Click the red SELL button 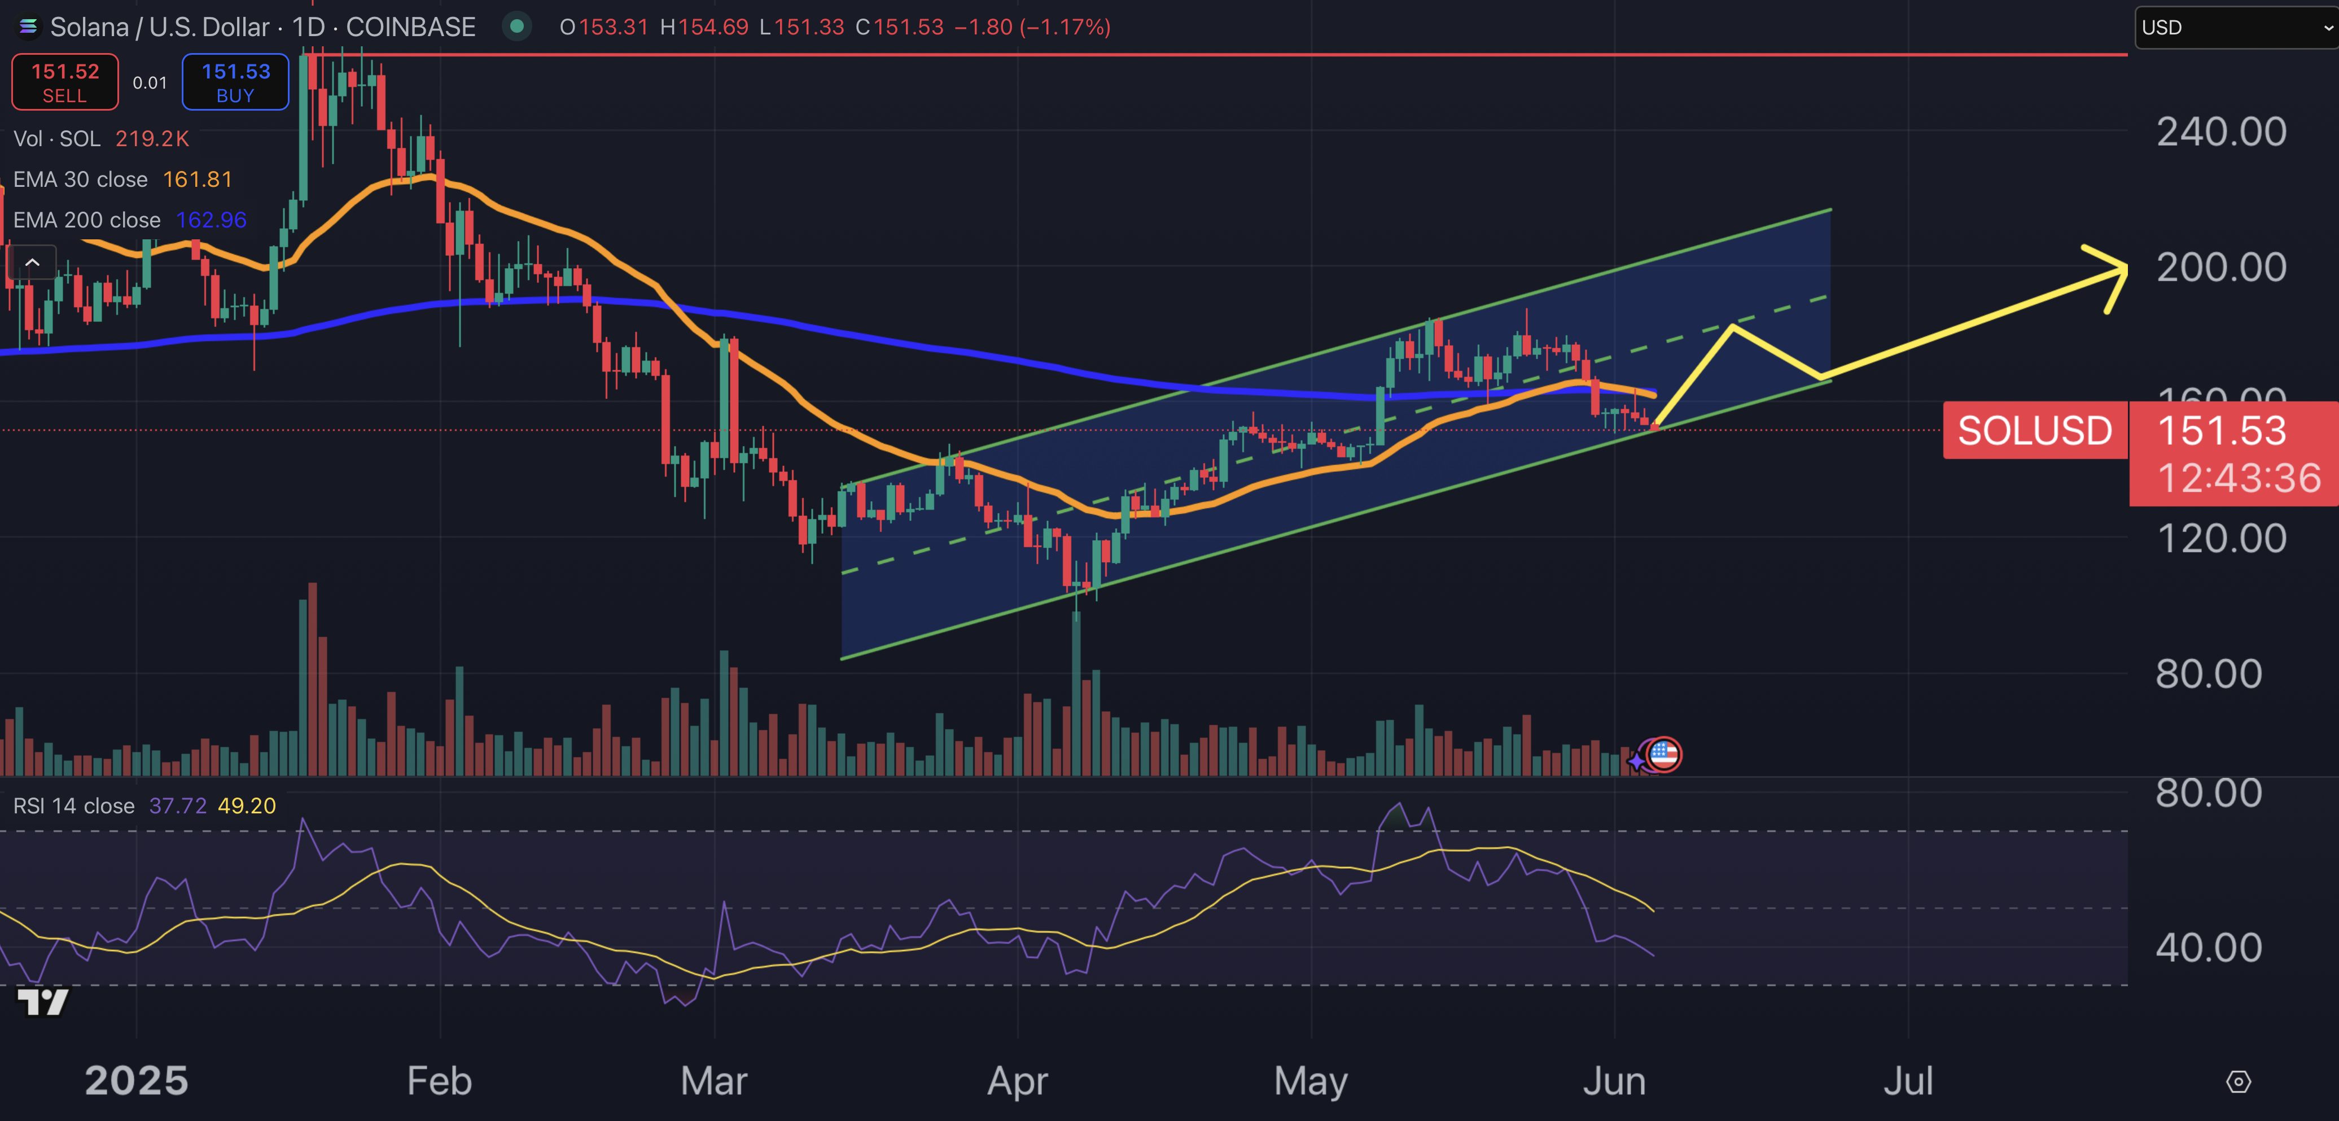coord(64,82)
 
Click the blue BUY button coord(235,82)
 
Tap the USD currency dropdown coord(2233,27)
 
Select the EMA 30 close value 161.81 coord(197,179)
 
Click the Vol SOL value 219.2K coord(152,139)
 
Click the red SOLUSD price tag coord(2034,430)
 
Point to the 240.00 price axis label coord(2221,133)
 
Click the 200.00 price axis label coord(2221,268)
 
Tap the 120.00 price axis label coord(2221,539)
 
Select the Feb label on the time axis coord(440,1081)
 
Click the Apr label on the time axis coord(1017,1081)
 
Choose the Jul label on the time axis coord(1908,1081)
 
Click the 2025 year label coord(136,1081)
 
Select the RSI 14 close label coord(73,806)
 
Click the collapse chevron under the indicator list coord(32,263)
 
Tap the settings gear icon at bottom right coord(2238,1082)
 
